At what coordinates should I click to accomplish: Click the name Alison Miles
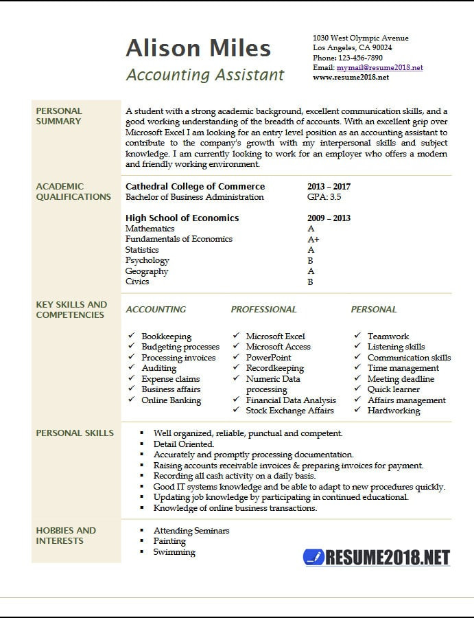198,49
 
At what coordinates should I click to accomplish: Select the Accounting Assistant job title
205,75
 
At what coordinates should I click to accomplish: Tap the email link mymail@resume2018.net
379,68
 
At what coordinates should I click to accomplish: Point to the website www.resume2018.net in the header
351,78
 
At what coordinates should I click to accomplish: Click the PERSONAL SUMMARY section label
59,116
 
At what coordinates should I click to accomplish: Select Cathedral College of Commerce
195,187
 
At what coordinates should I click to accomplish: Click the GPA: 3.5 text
324,197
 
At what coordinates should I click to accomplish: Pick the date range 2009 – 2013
329,218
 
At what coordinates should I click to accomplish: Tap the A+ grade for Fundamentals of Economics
313,240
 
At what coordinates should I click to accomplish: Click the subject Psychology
147,260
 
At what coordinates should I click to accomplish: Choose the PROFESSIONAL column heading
264,310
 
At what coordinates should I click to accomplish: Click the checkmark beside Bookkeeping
132,336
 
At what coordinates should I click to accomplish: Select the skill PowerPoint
268,358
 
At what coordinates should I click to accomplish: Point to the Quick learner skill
394,389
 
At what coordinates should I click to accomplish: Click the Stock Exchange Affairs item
289,411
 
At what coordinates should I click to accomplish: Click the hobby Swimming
174,552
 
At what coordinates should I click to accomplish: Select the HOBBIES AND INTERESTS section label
66,536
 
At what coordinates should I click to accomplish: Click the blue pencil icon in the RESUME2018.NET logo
313,556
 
